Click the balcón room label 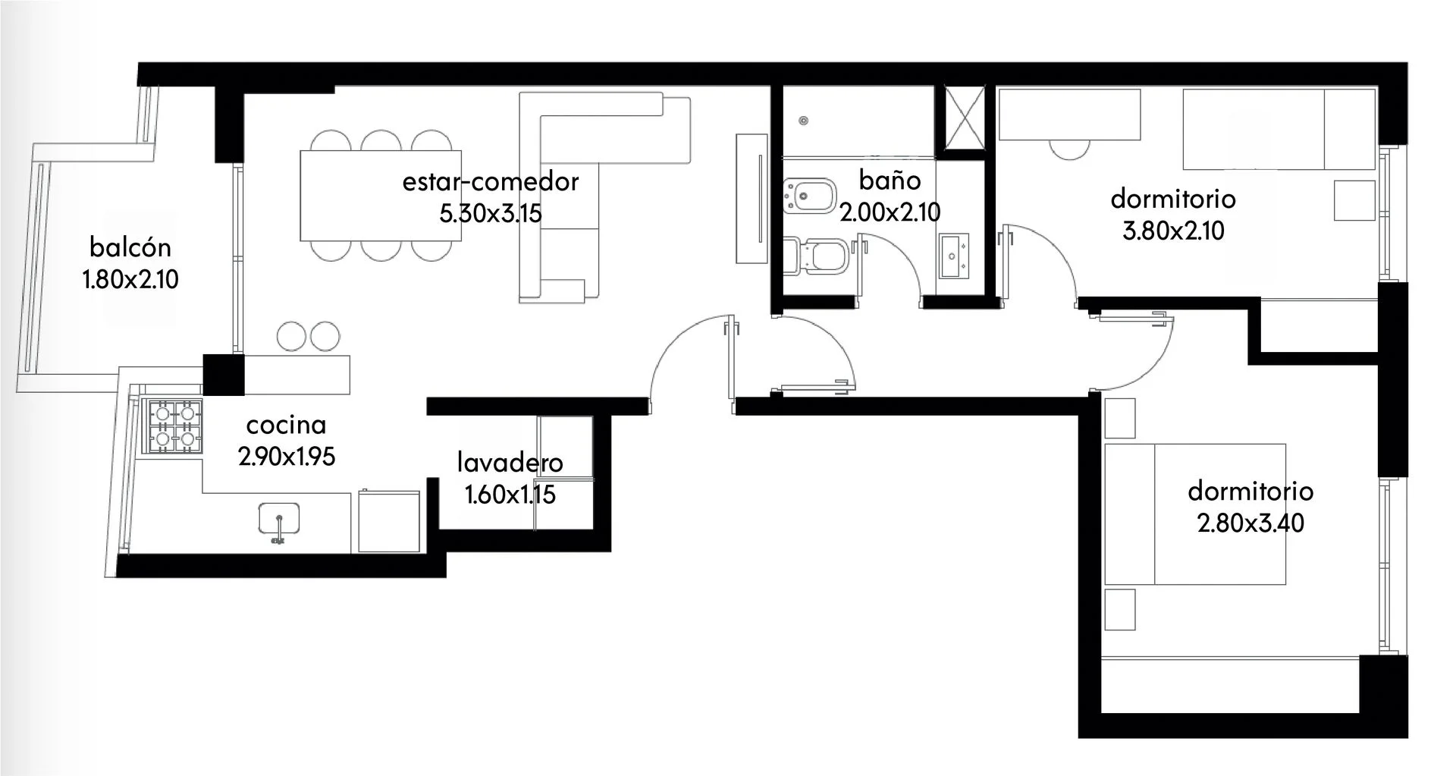pyautogui.click(x=130, y=248)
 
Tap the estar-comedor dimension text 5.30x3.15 pyautogui.click(x=491, y=213)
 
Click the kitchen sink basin pyautogui.click(x=279, y=519)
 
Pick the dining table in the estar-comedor pyautogui.click(x=381, y=195)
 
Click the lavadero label pyautogui.click(x=510, y=462)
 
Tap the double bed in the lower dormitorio pyautogui.click(x=1195, y=514)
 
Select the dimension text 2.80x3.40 pyautogui.click(x=1250, y=523)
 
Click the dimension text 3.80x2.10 pyautogui.click(x=1173, y=231)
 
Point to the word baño pyautogui.click(x=890, y=181)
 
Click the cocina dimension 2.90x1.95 pyautogui.click(x=287, y=457)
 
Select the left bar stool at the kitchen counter pyautogui.click(x=291, y=336)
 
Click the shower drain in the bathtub pyautogui.click(x=804, y=120)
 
